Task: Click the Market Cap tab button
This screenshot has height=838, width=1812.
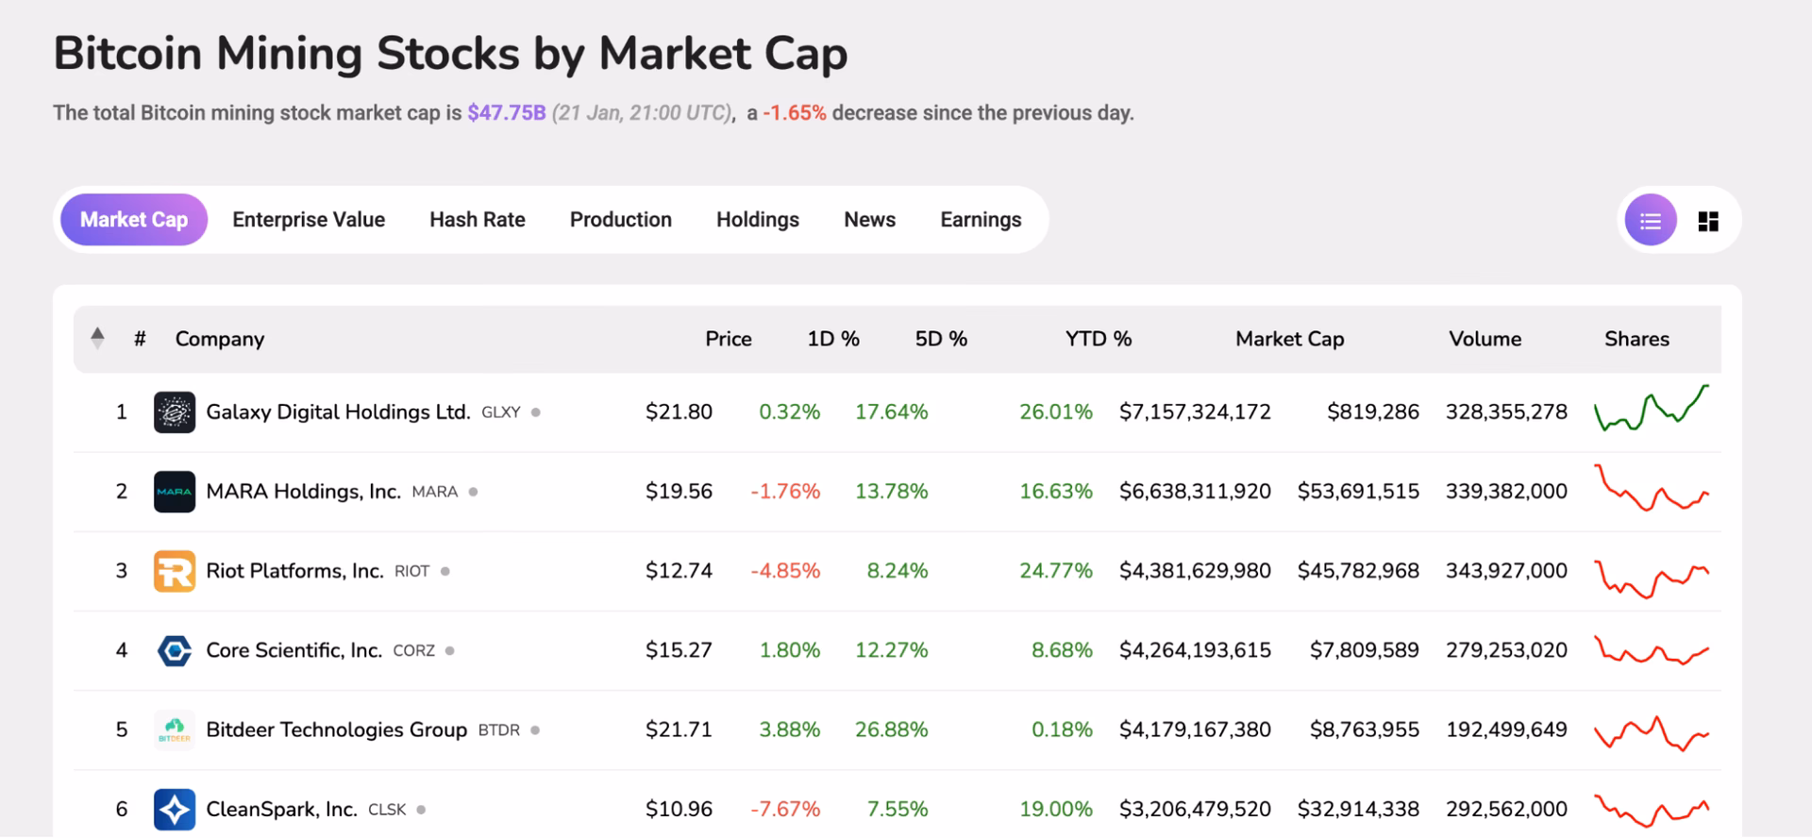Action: click(133, 220)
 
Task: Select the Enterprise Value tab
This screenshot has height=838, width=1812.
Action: click(309, 220)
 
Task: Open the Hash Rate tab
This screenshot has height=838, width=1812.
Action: click(477, 220)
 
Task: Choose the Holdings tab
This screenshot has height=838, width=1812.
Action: click(757, 220)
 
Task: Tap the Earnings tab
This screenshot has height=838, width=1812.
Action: click(980, 220)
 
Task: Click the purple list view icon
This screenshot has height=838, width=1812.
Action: click(1650, 221)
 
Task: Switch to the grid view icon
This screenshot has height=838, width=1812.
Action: click(1707, 221)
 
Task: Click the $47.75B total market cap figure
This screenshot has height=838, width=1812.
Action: click(506, 113)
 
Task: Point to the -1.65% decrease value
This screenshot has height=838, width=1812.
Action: click(795, 113)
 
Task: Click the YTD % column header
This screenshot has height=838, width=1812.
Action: click(1098, 339)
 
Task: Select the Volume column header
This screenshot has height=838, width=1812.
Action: click(1485, 339)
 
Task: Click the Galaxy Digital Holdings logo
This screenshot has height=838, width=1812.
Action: click(175, 412)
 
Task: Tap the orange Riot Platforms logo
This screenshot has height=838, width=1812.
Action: click(175, 571)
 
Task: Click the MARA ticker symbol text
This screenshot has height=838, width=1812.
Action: click(434, 492)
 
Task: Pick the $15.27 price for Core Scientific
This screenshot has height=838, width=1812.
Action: click(679, 650)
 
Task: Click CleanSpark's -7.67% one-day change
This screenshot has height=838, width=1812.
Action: click(784, 809)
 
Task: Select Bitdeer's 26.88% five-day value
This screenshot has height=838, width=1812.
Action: click(891, 729)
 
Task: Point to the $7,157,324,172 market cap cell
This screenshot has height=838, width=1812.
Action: click(1194, 412)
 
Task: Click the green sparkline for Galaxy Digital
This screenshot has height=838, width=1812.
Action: click(1651, 410)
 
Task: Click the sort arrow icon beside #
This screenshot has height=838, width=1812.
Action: click(97, 337)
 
